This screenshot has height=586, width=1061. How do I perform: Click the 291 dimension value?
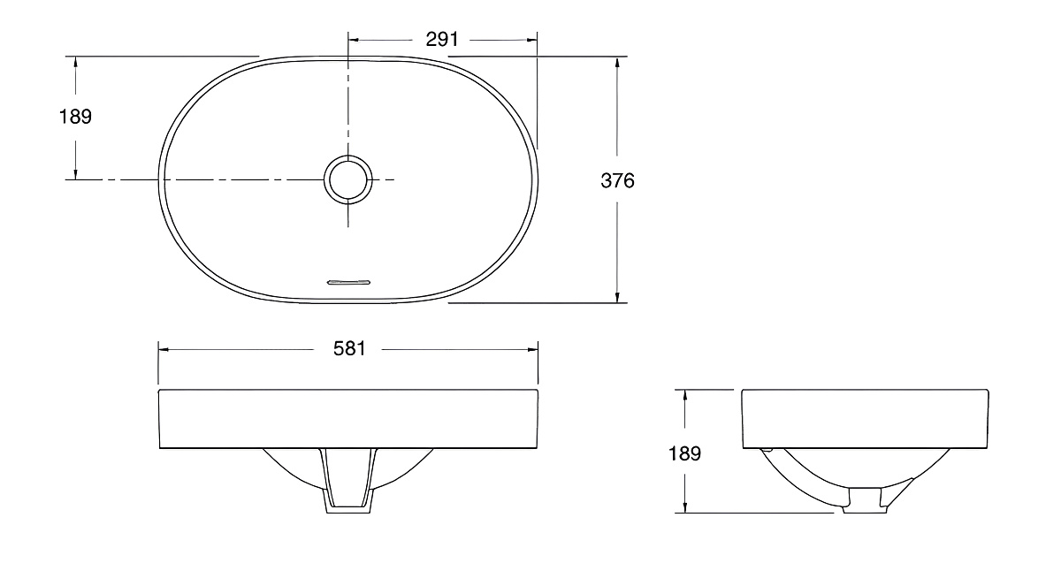(442, 40)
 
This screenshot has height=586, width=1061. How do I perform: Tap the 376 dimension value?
(617, 181)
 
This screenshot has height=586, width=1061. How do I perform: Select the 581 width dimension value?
(349, 349)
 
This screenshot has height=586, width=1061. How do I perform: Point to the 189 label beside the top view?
(75, 117)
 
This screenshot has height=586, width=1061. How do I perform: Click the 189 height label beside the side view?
(684, 453)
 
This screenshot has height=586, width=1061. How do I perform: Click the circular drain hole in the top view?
(348, 180)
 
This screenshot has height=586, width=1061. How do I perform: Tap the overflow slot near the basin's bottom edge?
(349, 283)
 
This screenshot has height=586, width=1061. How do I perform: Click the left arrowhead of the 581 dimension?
(164, 350)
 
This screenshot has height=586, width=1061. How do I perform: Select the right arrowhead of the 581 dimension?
(533, 350)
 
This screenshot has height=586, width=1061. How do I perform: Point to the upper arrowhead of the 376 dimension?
(617, 62)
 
